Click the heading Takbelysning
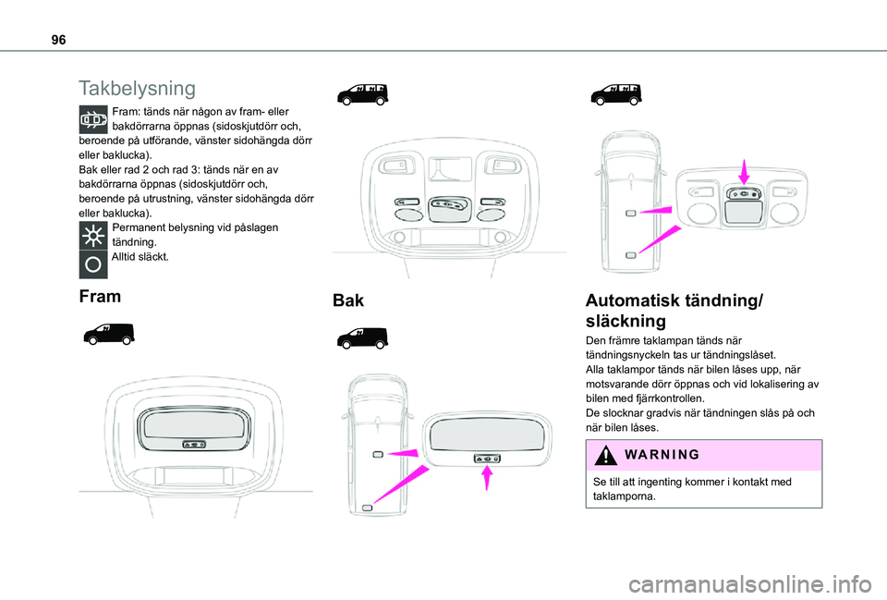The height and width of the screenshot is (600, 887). coord(138,89)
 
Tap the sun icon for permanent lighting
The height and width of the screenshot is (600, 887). coord(93,234)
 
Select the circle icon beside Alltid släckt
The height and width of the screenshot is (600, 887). coord(93,263)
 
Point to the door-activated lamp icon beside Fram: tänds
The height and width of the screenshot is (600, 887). coord(93,122)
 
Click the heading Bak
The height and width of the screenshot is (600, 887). coord(348,300)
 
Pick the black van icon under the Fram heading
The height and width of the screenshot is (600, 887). coord(107,333)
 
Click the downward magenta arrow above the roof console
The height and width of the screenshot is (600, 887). coord(745,169)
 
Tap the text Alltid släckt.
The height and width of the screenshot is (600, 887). coord(140,256)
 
